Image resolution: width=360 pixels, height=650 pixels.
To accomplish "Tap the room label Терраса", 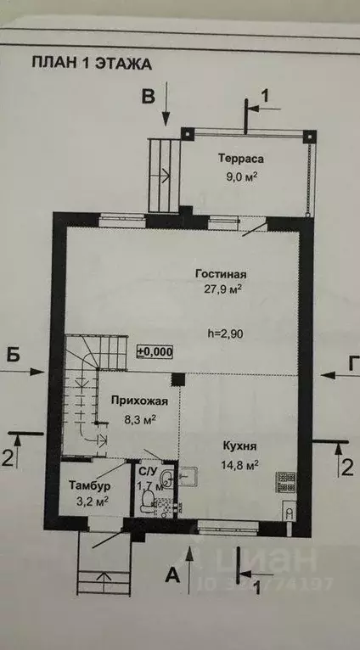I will [x=241, y=160].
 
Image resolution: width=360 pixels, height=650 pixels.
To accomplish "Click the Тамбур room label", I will [x=88, y=485].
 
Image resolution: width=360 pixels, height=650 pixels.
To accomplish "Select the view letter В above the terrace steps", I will [x=148, y=96].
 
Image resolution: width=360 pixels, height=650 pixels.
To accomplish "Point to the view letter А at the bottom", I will [x=173, y=575].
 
